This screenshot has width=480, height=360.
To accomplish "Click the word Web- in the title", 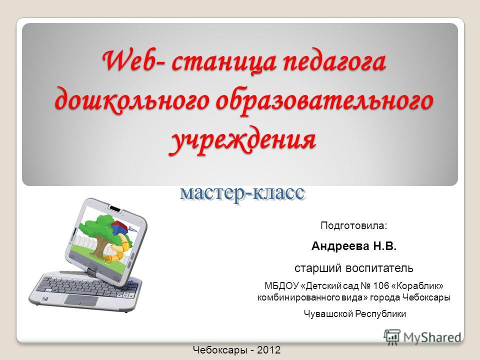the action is coord(133,61).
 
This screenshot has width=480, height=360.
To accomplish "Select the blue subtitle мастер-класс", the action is coord(242,193).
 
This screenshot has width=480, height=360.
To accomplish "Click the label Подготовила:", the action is coord(354,226).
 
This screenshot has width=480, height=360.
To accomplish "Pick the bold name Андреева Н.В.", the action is coord(354,246).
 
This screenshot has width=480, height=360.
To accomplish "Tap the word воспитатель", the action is coord(379,268).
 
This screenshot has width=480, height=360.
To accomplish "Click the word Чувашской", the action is coord(328,314).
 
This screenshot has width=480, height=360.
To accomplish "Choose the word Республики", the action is coord(380,314).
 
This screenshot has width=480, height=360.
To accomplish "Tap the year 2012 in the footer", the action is coord(268,350).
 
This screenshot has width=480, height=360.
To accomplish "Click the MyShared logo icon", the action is coord(392,337).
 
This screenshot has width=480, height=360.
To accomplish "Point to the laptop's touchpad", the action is coord(81,300).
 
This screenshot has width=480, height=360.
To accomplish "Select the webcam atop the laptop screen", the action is coord(115,209).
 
